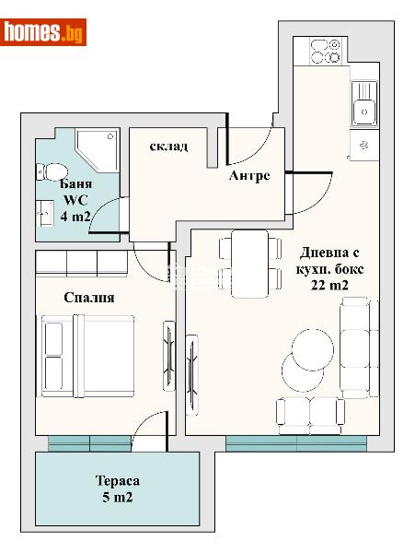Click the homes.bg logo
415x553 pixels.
pyautogui.click(x=45, y=32)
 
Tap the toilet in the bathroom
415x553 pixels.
pyautogui.click(x=52, y=171)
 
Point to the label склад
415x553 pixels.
pyautogui.click(x=170, y=147)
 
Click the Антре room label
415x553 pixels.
pyautogui.click(x=249, y=176)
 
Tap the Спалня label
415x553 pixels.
pyautogui.click(x=89, y=298)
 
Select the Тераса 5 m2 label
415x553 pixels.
pyautogui.click(x=117, y=489)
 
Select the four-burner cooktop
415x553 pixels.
pyautogui.click(x=326, y=50)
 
